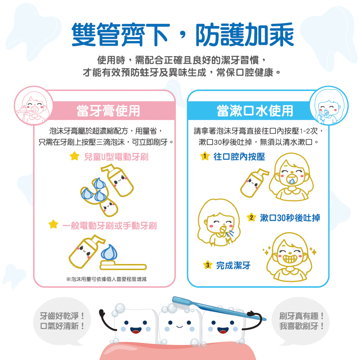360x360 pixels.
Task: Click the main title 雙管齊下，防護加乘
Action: coord(183,35)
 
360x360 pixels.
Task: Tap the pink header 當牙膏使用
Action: coord(108,111)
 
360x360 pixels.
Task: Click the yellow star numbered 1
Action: coord(204,156)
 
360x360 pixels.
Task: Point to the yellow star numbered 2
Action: coord(251,217)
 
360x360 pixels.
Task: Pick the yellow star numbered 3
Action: coord(207,266)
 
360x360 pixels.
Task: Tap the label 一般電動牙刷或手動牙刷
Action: coord(109,225)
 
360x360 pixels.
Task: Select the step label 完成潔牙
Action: coord(233,266)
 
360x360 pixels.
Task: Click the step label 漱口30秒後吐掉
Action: coord(290,217)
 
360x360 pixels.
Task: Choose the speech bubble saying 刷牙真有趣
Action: coord(302,321)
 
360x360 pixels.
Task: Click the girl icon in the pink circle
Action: coord(33,106)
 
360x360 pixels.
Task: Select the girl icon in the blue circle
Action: coord(328,106)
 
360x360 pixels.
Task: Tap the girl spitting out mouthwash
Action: coord(218,223)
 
